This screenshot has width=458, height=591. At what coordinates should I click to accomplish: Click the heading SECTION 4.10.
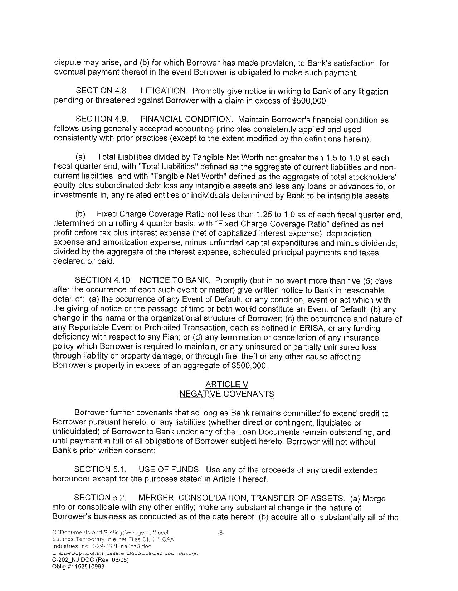101,280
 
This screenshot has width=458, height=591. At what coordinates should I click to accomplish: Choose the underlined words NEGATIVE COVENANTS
227,394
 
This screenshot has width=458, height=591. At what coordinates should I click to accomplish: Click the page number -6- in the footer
221,533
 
